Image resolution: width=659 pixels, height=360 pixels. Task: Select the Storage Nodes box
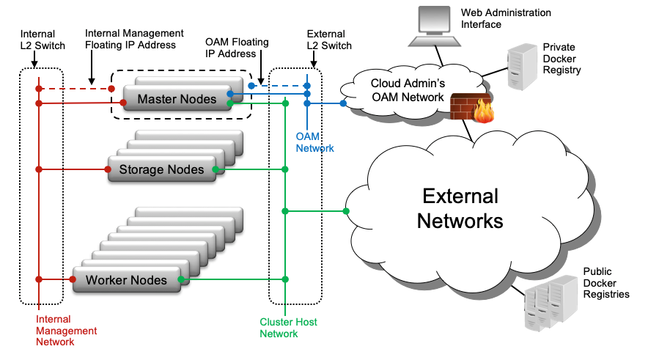pyautogui.click(x=161, y=169)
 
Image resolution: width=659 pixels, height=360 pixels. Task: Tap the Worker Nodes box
pyautogui.click(x=126, y=279)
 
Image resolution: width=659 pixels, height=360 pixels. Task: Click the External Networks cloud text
pyautogui.click(x=460, y=208)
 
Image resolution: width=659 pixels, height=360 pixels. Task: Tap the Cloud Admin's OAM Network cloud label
pyautogui.click(x=407, y=89)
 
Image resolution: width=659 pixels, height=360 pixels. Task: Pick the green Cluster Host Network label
pyautogui.click(x=288, y=328)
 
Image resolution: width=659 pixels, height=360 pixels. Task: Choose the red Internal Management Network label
pyautogui.click(x=67, y=331)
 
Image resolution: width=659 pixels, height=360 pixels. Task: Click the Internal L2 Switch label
pyautogui.click(x=38, y=40)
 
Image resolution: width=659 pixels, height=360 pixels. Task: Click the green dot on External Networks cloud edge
pyautogui.click(x=346, y=212)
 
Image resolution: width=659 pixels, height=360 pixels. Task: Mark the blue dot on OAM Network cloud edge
pyautogui.click(x=343, y=103)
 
